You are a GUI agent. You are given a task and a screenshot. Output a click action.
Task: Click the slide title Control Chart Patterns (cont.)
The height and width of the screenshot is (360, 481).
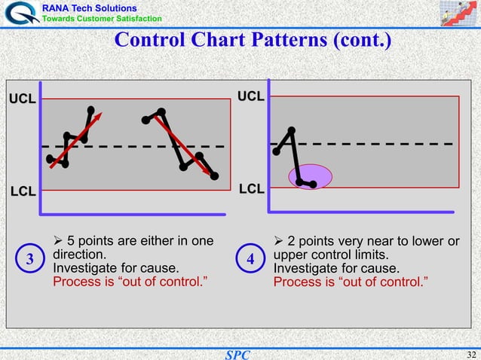coord(252,38)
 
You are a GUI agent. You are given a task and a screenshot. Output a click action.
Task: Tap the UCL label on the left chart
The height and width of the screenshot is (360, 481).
coord(22,99)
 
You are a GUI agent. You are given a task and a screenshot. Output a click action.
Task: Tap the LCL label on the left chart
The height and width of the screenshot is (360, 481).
coord(23,191)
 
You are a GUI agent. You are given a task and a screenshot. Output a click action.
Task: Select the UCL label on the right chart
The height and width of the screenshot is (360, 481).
coord(251,96)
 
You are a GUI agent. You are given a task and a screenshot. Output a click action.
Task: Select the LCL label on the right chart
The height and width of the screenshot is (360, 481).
coord(251,188)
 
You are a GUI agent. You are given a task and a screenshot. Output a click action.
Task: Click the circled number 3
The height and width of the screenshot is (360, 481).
coord(29,259)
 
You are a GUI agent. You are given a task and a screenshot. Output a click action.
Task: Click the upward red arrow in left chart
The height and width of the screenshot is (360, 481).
coord(76,140)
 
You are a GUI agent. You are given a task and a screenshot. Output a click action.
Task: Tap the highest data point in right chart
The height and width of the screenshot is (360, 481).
coord(291,130)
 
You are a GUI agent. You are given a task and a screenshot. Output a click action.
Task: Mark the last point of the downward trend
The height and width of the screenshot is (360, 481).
coord(215,176)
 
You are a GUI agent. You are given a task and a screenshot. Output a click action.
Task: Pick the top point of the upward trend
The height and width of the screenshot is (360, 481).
coord(91,110)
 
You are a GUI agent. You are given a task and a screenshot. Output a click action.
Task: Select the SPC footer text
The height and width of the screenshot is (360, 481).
coord(237,354)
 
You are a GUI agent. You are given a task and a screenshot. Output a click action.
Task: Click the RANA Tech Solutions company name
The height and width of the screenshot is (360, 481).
coord(89,7)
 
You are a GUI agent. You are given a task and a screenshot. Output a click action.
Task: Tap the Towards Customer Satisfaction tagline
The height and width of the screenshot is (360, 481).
coord(101,18)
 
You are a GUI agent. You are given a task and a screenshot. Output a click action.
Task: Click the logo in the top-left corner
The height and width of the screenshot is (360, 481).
coord(20,13)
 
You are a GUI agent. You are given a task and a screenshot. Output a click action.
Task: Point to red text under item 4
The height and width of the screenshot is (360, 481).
coord(351,282)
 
